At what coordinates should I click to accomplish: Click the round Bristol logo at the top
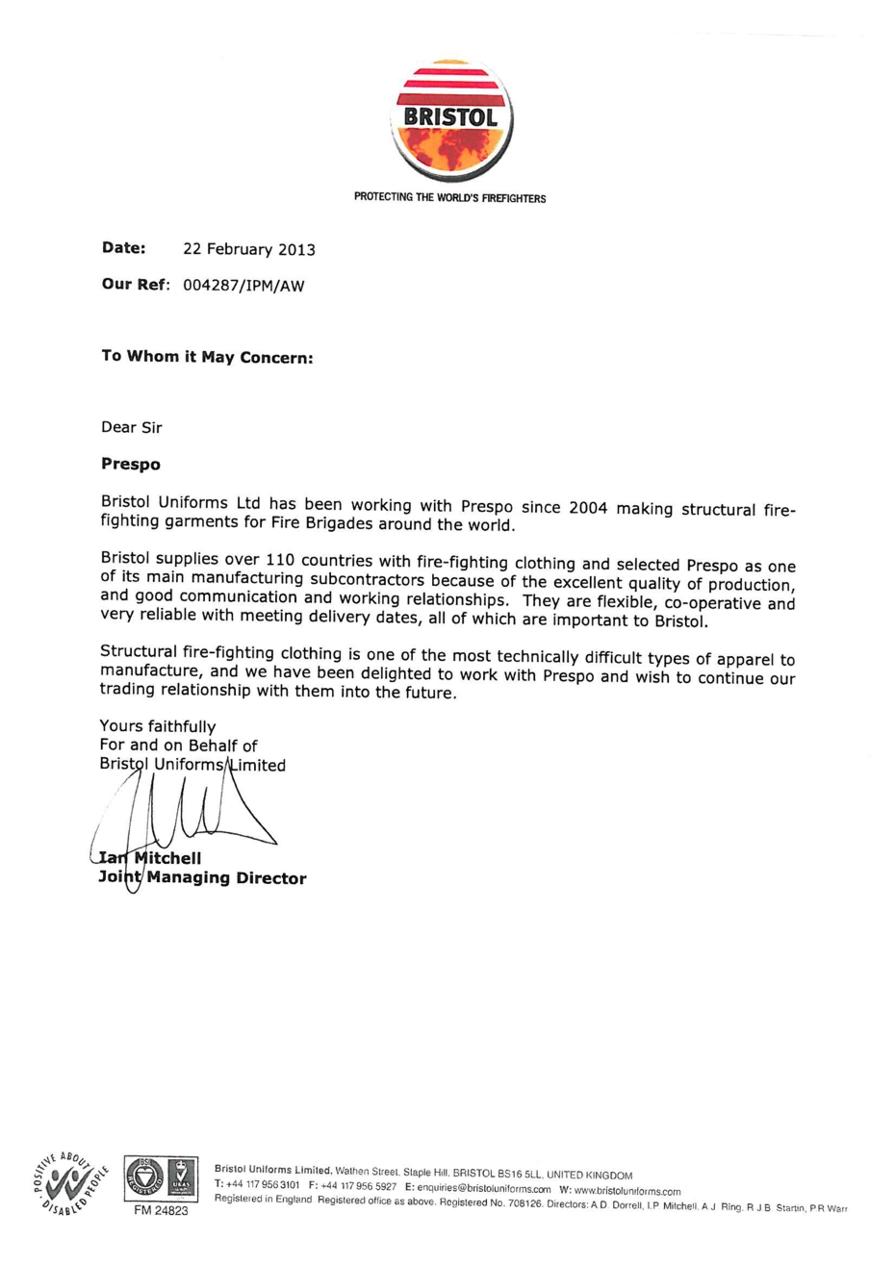pyautogui.click(x=450, y=120)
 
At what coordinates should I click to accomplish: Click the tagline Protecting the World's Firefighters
pyautogui.click(x=449, y=198)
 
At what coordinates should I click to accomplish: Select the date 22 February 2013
pyautogui.click(x=249, y=250)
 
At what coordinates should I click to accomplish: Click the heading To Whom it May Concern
pyautogui.click(x=208, y=356)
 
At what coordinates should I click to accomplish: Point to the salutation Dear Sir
pyautogui.click(x=132, y=427)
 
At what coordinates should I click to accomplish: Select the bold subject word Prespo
pyautogui.click(x=131, y=464)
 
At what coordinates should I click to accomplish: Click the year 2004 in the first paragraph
pyautogui.click(x=587, y=507)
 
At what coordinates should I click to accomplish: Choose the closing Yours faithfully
pyautogui.click(x=158, y=726)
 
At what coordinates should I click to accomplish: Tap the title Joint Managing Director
pyautogui.click(x=202, y=877)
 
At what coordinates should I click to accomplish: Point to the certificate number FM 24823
pyautogui.click(x=160, y=1212)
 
